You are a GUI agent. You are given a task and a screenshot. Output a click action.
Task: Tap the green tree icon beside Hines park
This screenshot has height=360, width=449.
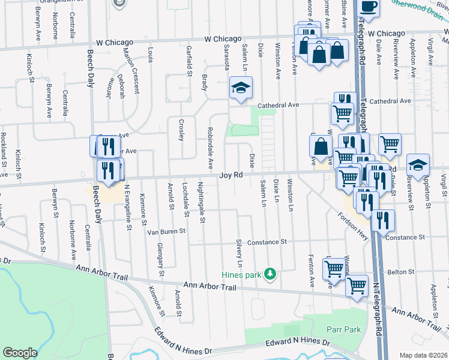point(271,274)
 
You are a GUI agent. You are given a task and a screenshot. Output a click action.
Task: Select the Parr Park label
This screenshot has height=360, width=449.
point(343,329)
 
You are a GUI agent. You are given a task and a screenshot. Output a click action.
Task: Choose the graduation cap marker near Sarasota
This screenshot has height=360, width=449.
point(241,88)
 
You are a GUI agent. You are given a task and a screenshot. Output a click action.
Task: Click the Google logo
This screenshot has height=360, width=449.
point(20,353)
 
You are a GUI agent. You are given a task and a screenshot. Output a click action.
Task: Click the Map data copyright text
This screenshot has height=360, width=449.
point(423,355)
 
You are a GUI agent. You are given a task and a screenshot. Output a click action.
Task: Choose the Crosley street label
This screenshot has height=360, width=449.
point(181,130)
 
